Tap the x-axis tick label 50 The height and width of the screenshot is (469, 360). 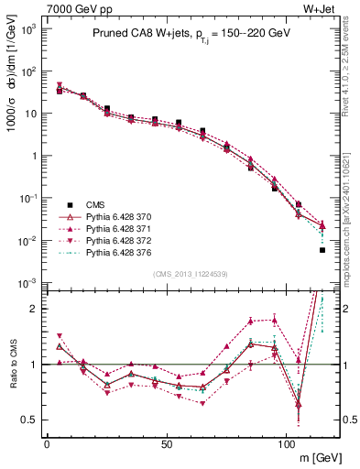167,443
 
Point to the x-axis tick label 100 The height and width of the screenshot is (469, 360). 287,443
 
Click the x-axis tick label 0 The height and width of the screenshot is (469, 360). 47,443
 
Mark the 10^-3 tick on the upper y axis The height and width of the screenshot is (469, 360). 27,283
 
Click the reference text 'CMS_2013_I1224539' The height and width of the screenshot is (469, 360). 190,274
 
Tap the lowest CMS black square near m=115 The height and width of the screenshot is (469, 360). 322,250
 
